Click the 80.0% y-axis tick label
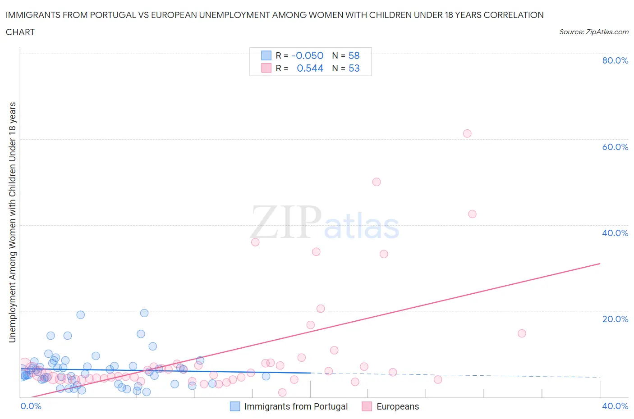click(x=615, y=60)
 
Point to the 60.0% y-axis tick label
click(x=615, y=147)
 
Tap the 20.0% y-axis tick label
click(x=615, y=319)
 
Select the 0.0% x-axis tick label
click(x=31, y=406)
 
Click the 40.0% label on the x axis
click(x=615, y=406)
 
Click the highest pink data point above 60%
click(x=467, y=133)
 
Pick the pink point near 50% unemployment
click(x=377, y=182)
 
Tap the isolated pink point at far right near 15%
click(x=522, y=333)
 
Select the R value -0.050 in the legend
click(x=308, y=55)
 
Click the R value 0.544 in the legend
click(x=310, y=68)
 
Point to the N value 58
click(x=354, y=55)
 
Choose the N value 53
click(x=354, y=68)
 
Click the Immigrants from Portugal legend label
click(x=296, y=406)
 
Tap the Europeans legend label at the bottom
click(x=398, y=406)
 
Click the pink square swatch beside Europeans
click(x=367, y=406)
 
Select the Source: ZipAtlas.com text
click(x=593, y=32)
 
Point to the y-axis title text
click(x=13, y=222)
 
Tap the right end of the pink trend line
click(x=600, y=264)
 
